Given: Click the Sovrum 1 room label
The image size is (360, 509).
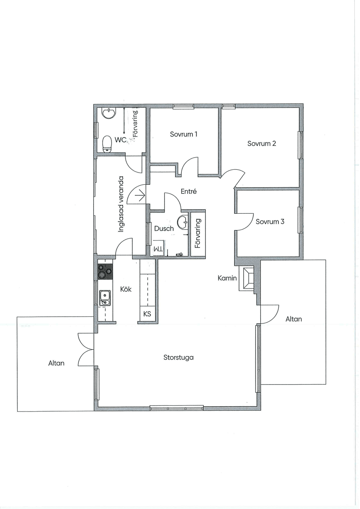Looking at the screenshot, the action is click(x=184, y=134).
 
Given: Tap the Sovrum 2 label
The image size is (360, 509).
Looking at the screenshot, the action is click(x=262, y=143).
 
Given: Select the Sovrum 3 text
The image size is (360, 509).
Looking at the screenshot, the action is click(x=270, y=221).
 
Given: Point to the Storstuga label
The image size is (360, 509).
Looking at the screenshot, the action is click(x=178, y=357).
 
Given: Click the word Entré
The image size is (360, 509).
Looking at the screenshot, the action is click(x=189, y=191).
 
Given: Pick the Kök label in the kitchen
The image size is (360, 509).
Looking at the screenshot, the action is click(x=126, y=289).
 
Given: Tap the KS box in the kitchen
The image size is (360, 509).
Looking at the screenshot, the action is click(x=147, y=314).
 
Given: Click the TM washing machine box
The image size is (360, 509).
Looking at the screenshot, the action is click(x=159, y=249).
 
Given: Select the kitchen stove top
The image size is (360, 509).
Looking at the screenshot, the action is click(x=105, y=271).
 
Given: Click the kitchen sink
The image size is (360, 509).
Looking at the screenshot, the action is click(x=105, y=298).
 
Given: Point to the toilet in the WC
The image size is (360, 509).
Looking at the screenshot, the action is click(x=107, y=144).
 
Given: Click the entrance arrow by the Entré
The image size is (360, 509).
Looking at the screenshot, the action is click(x=141, y=195).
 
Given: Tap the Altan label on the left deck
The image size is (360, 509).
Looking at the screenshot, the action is click(x=56, y=363).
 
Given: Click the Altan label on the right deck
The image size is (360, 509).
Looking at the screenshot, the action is click(x=294, y=319).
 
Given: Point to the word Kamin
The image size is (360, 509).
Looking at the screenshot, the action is click(x=227, y=278).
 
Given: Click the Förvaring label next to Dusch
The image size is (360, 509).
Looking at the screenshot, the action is click(x=198, y=233).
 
